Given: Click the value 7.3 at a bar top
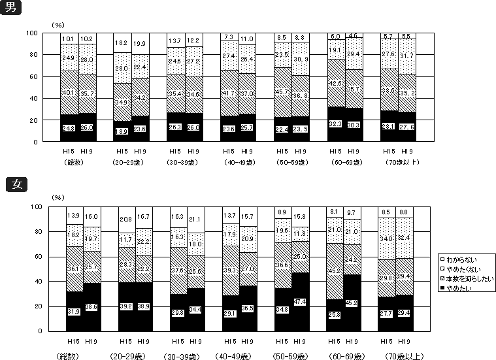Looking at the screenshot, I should [x=229, y=37].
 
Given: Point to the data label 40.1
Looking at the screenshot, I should [x=69, y=92].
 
